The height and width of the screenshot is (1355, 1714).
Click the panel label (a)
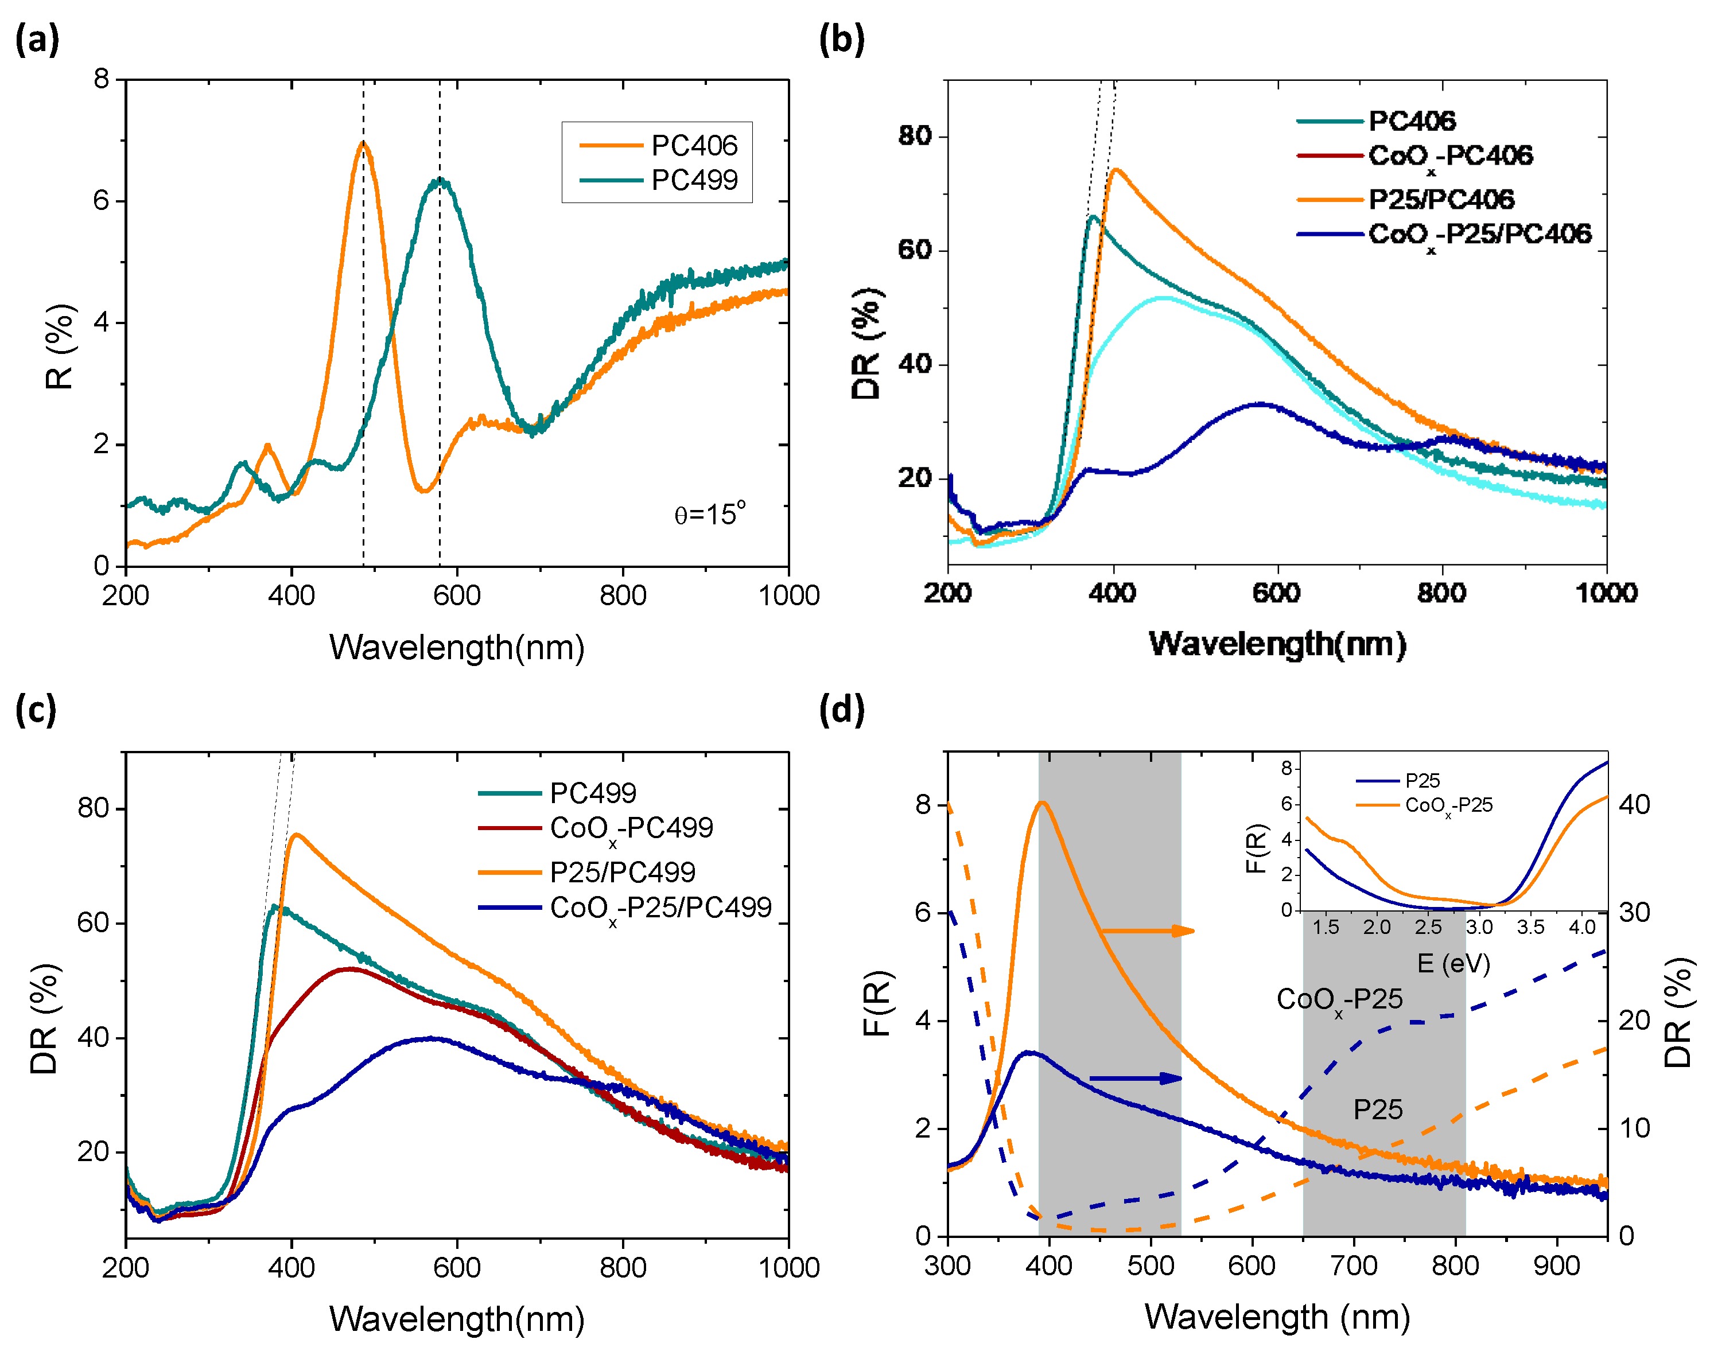pyautogui.click(x=37, y=40)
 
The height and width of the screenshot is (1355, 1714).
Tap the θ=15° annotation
pyautogui.click(x=709, y=514)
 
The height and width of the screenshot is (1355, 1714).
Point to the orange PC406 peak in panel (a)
pyautogui.click(x=363, y=143)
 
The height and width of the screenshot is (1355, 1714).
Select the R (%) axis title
pyautogui.click(x=60, y=346)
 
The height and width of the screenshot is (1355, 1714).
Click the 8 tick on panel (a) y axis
pyautogui.click(x=102, y=79)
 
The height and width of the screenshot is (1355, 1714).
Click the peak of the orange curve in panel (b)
pyautogui.click(x=1116, y=169)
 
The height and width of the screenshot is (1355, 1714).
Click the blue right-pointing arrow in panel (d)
pyautogui.click(x=1136, y=1078)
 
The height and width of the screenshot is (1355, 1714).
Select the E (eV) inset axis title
pyautogui.click(x=1453, y=963)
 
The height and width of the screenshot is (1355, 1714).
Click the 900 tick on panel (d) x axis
pyautogui.click(x=1556, y=1266)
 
